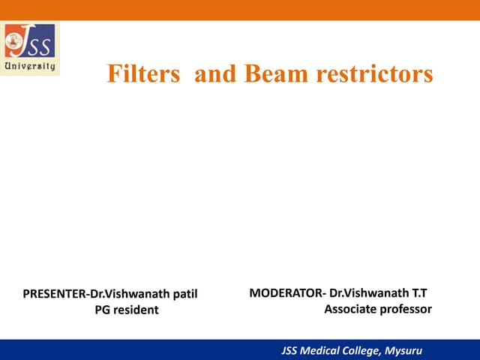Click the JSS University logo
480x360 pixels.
[31, 49]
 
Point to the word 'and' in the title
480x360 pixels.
[213, 73]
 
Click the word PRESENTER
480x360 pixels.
[53, 293]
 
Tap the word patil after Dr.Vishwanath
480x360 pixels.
[182, 293]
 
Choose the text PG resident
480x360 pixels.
[127, 310]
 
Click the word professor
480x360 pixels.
[406, 308]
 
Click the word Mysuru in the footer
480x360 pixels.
[402, 349]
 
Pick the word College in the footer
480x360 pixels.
[365, 349]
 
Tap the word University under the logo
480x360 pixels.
[30, 65]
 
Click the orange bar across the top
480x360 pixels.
[240, 10]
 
